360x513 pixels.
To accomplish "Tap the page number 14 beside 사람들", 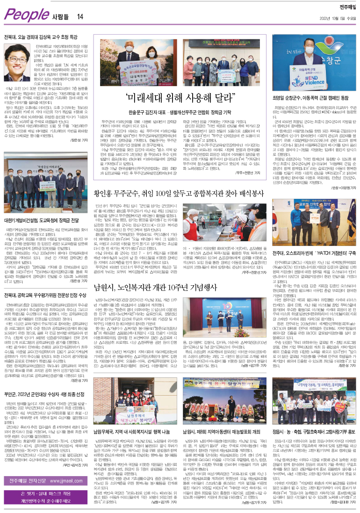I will pyautogui.click(x=80, y=17).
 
